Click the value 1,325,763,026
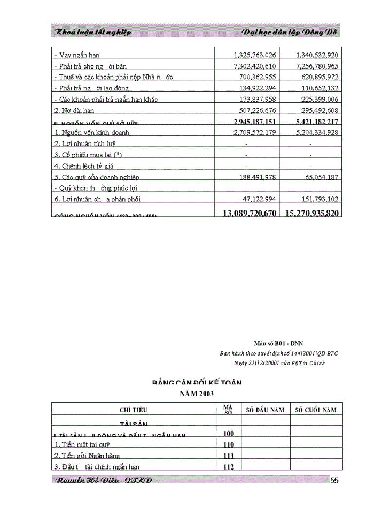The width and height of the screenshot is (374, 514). pos(255,55)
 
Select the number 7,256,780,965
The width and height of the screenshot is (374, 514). pos(313,66)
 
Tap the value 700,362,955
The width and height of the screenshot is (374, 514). pos(255,77)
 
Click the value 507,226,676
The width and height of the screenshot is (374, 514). pos(255,111)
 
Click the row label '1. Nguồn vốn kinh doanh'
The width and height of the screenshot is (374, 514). pos(92,132)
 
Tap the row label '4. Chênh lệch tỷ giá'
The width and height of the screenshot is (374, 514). pos(84,166)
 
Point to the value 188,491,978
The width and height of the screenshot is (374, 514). pos(255,177)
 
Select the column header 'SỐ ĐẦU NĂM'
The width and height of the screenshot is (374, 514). pos(265,410)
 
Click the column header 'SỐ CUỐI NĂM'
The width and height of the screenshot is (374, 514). pos(316,410)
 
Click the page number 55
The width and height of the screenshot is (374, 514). pos(334,481)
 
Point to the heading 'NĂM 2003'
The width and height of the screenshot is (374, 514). pos(196,393)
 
